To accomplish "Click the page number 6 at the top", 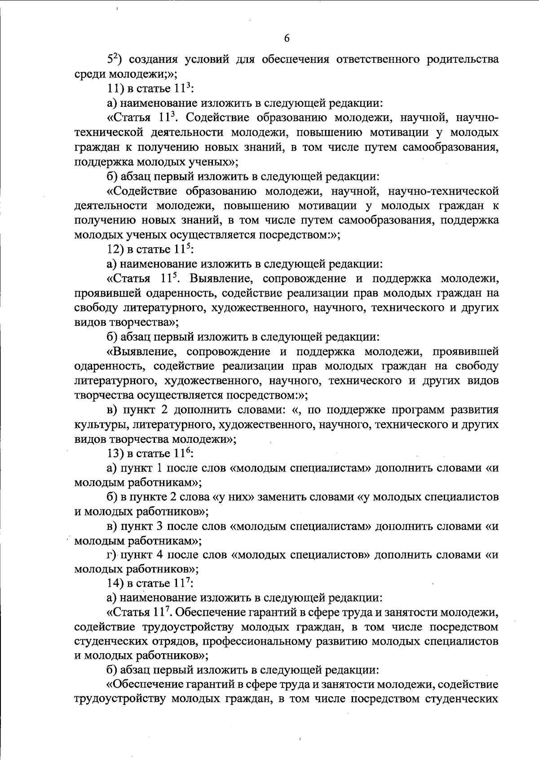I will point(287,38).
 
